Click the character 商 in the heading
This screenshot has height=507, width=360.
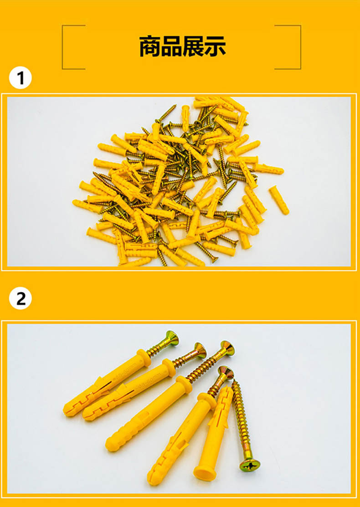150,47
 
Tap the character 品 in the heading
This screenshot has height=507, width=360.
172,47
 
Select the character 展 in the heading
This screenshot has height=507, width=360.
193,47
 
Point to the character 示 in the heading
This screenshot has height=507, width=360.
215,47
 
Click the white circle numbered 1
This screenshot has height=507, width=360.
21,78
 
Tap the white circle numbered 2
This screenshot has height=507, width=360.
21,298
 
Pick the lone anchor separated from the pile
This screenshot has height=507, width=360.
279,200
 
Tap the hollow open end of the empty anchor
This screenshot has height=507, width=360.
205,473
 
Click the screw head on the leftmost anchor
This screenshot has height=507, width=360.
172,338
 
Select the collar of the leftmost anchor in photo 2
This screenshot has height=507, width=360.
144,358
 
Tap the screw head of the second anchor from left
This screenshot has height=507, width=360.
200,350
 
